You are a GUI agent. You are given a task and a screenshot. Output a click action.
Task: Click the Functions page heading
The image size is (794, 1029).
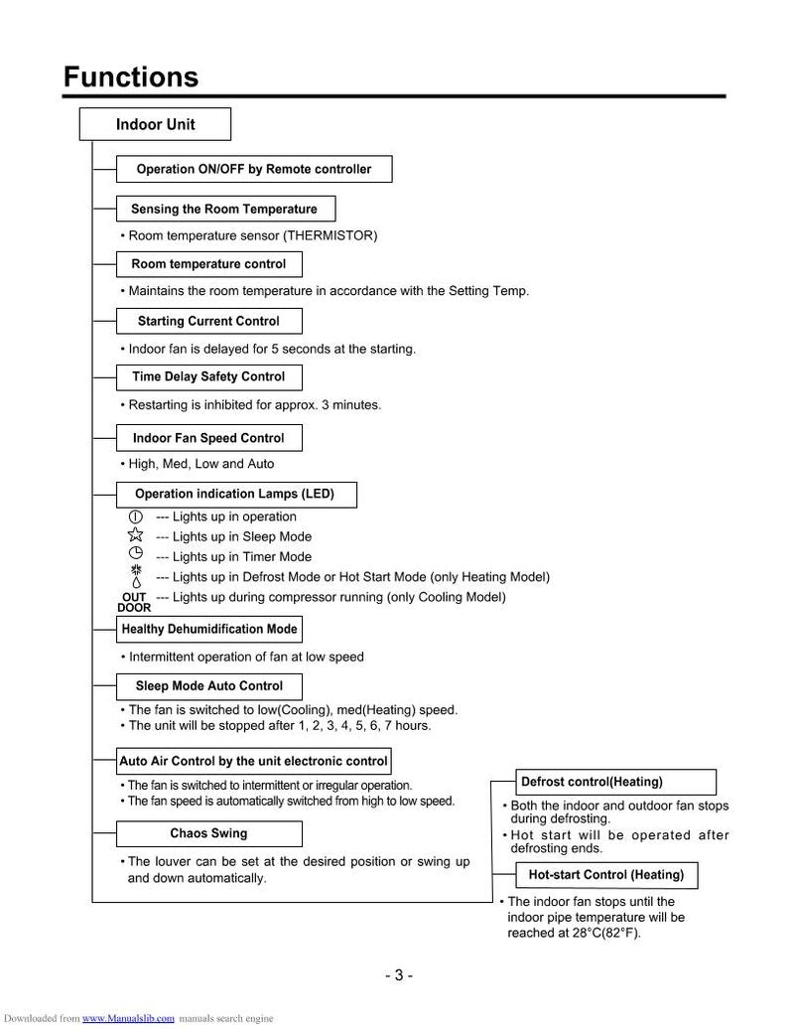(131, 76)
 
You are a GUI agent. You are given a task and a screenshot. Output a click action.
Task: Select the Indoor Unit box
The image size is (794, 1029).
(155, 124)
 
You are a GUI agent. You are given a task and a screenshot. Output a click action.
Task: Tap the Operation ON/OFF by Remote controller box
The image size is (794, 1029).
(254, 169)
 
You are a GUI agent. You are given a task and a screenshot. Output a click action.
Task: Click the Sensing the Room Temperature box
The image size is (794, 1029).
(224, 209)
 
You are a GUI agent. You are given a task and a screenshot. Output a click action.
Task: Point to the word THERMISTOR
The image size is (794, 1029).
(329, 235)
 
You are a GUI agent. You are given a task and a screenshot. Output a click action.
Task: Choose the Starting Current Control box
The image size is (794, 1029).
(208, 321)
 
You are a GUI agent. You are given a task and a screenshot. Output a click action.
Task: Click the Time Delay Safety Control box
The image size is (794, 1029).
(208, 376)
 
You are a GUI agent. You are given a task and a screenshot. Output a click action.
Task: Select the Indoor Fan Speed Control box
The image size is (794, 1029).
(208, 437)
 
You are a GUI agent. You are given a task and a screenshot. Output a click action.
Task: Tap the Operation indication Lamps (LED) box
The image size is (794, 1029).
(235, 494)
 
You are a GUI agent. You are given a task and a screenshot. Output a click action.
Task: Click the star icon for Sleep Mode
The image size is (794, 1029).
(136, 535)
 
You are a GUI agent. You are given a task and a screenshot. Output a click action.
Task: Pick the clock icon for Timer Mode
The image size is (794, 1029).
(136, 555)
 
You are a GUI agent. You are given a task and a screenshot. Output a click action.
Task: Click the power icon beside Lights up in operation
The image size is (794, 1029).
(136, 516)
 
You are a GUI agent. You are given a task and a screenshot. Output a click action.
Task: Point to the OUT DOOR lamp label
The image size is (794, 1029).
(133, 602)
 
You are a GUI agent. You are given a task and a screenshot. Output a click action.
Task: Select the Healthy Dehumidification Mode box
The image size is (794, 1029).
(208, 629)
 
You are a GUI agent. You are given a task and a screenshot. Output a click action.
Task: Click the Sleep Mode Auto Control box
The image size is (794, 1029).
(208, 685)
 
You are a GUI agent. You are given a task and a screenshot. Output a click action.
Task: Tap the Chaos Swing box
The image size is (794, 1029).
(208, 832)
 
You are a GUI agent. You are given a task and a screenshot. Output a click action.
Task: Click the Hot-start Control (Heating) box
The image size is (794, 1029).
(605, 874)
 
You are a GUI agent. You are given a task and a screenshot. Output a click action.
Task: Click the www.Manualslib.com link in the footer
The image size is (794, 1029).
(128, 1018)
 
